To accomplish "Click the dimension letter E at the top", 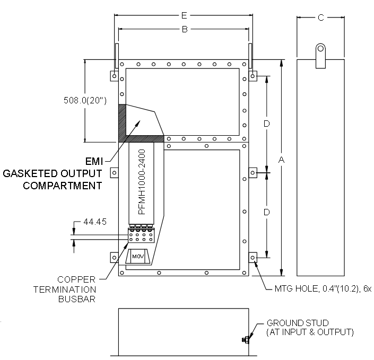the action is coord(184,15).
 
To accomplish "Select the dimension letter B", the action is coord(185,29).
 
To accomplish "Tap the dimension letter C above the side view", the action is coord(321,17).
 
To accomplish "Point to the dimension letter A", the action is coord(282,160).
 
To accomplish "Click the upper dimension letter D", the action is coord(267,124).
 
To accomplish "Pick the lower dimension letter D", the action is coord(267,212).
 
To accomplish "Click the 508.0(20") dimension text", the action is coord(85,100).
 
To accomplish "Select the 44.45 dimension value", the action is coord(95,222).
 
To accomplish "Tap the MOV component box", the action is coord(138,257).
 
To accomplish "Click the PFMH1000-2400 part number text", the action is coord(142,182).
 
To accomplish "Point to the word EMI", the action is coord(94,161).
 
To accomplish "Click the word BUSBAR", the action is coord(77,299).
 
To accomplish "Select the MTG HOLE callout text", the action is coord(323,289).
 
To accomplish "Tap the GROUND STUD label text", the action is coord(298,323).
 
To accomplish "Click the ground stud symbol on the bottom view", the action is coord(246,340).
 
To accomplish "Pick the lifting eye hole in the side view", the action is coord(320,49).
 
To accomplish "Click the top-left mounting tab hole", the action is coord(114,76).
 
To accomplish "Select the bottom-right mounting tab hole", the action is coord(253,258).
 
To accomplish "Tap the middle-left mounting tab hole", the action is coord(114,173).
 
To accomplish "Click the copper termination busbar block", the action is coord(141,235).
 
